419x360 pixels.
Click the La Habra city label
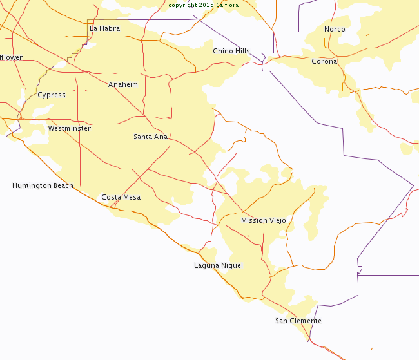[x=104, y=28]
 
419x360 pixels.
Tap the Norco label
[x=335, y=29]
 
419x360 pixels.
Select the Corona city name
[x=324, y=62]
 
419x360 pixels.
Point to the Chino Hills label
[x=231, y=51]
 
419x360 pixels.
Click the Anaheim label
[x=123, y=84]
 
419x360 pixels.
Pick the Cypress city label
[x=52, y=95]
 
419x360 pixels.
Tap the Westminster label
[x=70, y=128]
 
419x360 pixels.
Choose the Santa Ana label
[x=151, y=137]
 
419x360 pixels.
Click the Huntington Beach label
[x=43, y=185]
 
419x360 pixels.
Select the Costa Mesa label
[x=121, y=197]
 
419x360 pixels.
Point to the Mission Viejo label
[x=264, y=220]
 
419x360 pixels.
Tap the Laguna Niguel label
[x=219, y=265]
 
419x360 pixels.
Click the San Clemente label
[x=298, y=321]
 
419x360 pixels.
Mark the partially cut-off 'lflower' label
[x=11, y=57]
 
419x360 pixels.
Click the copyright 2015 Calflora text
[x=203, y=5]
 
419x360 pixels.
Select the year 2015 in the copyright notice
[x=207, y=5]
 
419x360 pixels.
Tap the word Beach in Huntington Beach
[x=63, y=185]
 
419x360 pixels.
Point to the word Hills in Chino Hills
[x=240, y=51]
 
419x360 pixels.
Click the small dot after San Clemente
[x=326, y=322]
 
